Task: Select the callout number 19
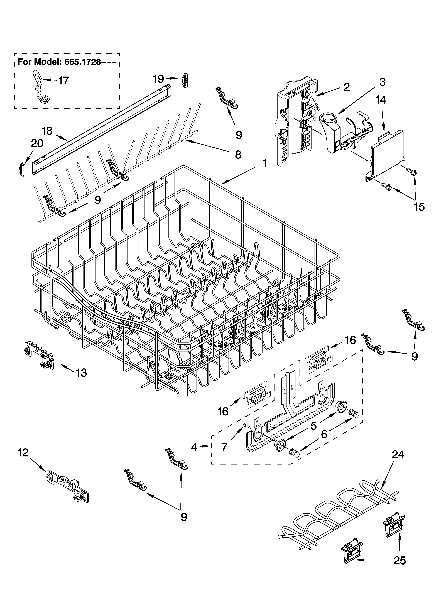click(x=158, y=79)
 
